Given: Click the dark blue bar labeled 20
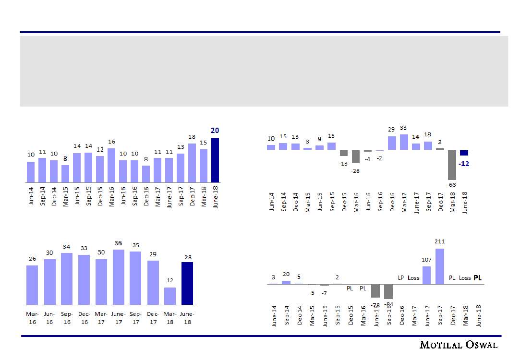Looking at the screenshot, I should click(x=215, y=160).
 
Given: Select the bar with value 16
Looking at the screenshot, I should click(x=111, y=165).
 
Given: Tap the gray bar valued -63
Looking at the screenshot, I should click(x=452, y=165).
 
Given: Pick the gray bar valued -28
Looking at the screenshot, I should click(x=356, y=156).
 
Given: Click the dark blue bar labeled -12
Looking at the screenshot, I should click(x=464, y=153).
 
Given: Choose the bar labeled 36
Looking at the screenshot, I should click(x=119, y=277).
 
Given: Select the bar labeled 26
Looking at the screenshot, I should click(x=32, y=285).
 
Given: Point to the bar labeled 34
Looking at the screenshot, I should click(x=67, y=278).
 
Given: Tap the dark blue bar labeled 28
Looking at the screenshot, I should click(x=187, y=283).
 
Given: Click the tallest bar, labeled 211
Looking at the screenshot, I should click(x=439, y=266).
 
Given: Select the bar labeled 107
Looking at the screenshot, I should click(x=426, y=275).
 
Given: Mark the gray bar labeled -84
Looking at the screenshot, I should click(x=388, y=291).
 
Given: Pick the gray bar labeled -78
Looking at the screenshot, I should click(x=375, y=290).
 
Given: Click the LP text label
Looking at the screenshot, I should click(x=401, y=278).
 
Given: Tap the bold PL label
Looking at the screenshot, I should click(x=478, y=277).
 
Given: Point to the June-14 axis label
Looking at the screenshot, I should click(x=274, y=316).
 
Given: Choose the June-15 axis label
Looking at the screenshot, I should click(x=325, y=316).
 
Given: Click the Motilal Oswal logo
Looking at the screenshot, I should click(x=459, y=345).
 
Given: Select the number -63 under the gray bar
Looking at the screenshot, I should click(x=452, y=184).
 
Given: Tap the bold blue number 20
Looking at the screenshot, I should click(x=215, y=131).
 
